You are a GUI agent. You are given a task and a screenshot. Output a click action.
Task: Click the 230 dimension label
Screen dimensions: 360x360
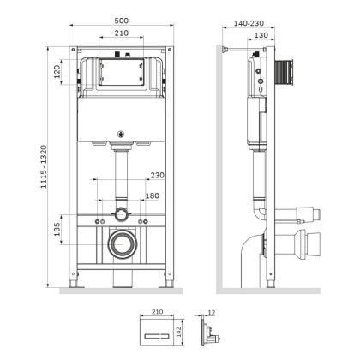pyautogui.click(x=156, y=177)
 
